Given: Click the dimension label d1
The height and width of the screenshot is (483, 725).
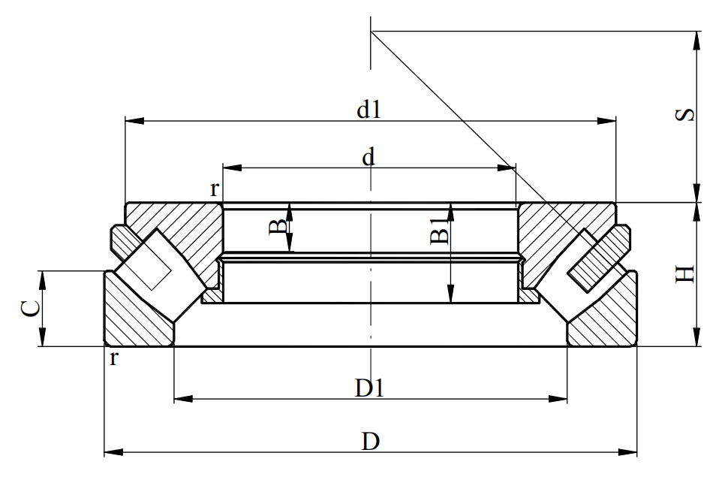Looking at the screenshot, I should click(x=369, y=110).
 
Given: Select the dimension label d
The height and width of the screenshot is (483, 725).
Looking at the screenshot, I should click(x=369, y=157).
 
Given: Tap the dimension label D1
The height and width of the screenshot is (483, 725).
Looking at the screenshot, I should click(x=371, y=388).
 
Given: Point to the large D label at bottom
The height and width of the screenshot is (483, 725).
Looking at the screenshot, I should click(x=370, y=441).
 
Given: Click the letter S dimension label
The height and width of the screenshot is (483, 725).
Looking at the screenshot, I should click(x=685, y=115).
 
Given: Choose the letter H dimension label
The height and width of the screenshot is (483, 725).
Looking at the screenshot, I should click(x=685, y=274).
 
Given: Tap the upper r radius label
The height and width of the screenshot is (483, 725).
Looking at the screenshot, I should click(x=215, y=189).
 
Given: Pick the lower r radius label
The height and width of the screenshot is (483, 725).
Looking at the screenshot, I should click(x=114, y=358).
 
